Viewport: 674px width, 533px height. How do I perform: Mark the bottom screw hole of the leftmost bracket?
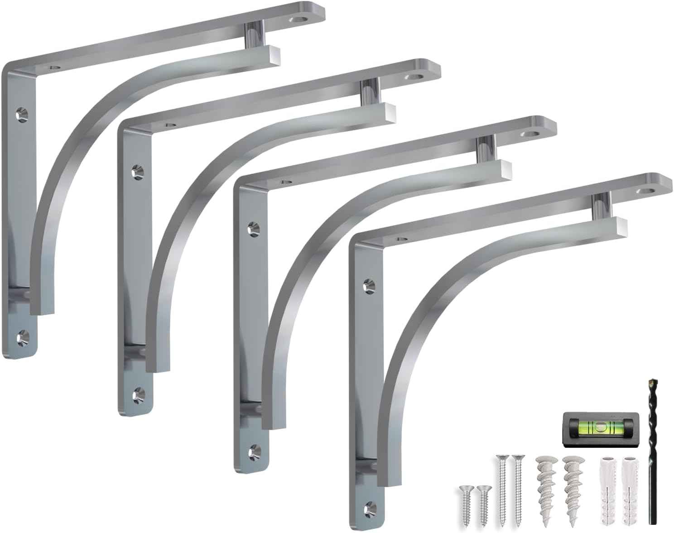[21, 336]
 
